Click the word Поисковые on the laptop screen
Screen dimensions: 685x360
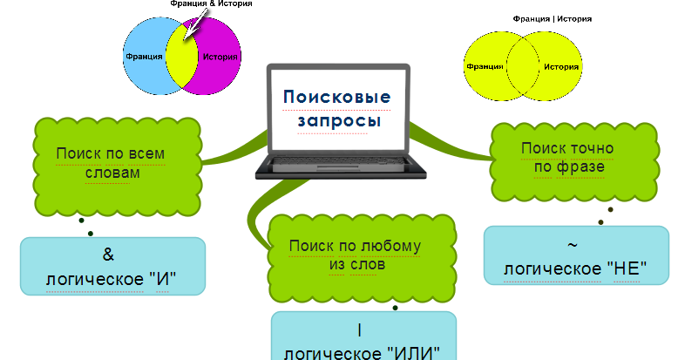[336, 97]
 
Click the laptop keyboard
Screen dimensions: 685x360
[337, 164]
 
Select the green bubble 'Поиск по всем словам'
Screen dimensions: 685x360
[112, 163]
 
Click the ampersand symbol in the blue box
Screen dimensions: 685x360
[110, 255]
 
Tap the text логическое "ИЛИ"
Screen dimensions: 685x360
[363, 352]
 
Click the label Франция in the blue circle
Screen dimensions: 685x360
[143, 58]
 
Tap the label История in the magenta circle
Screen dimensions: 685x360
[219, 58]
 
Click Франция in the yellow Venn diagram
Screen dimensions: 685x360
[484, 66]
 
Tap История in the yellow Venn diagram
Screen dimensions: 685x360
[562, 66]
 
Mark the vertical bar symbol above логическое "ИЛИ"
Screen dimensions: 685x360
[359, 330]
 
